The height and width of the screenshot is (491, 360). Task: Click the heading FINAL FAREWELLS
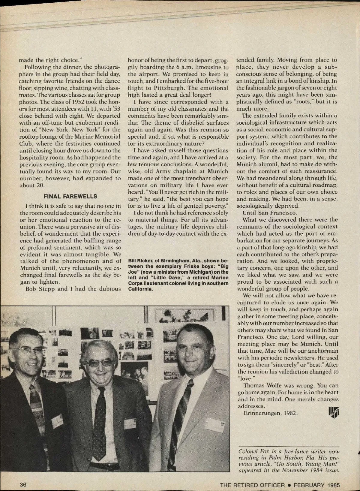[x=70, y=196]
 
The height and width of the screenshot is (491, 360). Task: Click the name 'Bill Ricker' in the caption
[x=139, y=260]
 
